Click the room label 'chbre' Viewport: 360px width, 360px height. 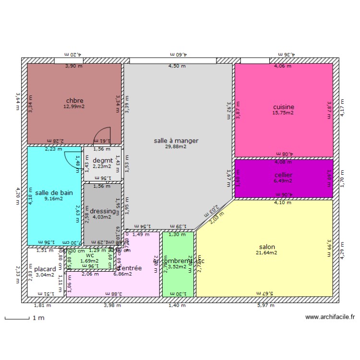click(75, 101)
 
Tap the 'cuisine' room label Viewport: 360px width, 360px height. click(283, 107)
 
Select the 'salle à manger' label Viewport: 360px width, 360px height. click(176, 141)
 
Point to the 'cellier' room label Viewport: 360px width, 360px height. click(283, 175)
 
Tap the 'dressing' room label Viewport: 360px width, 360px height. click(103, 211)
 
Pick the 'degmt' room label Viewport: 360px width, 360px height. click(102, 160)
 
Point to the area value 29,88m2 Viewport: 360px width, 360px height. click(176, 147)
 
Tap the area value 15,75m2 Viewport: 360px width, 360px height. click(283, 113)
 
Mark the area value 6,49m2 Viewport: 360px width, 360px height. click(283, 181)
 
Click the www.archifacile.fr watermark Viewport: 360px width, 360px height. click(330, 317)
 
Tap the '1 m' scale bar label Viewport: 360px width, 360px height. click(38, 318)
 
